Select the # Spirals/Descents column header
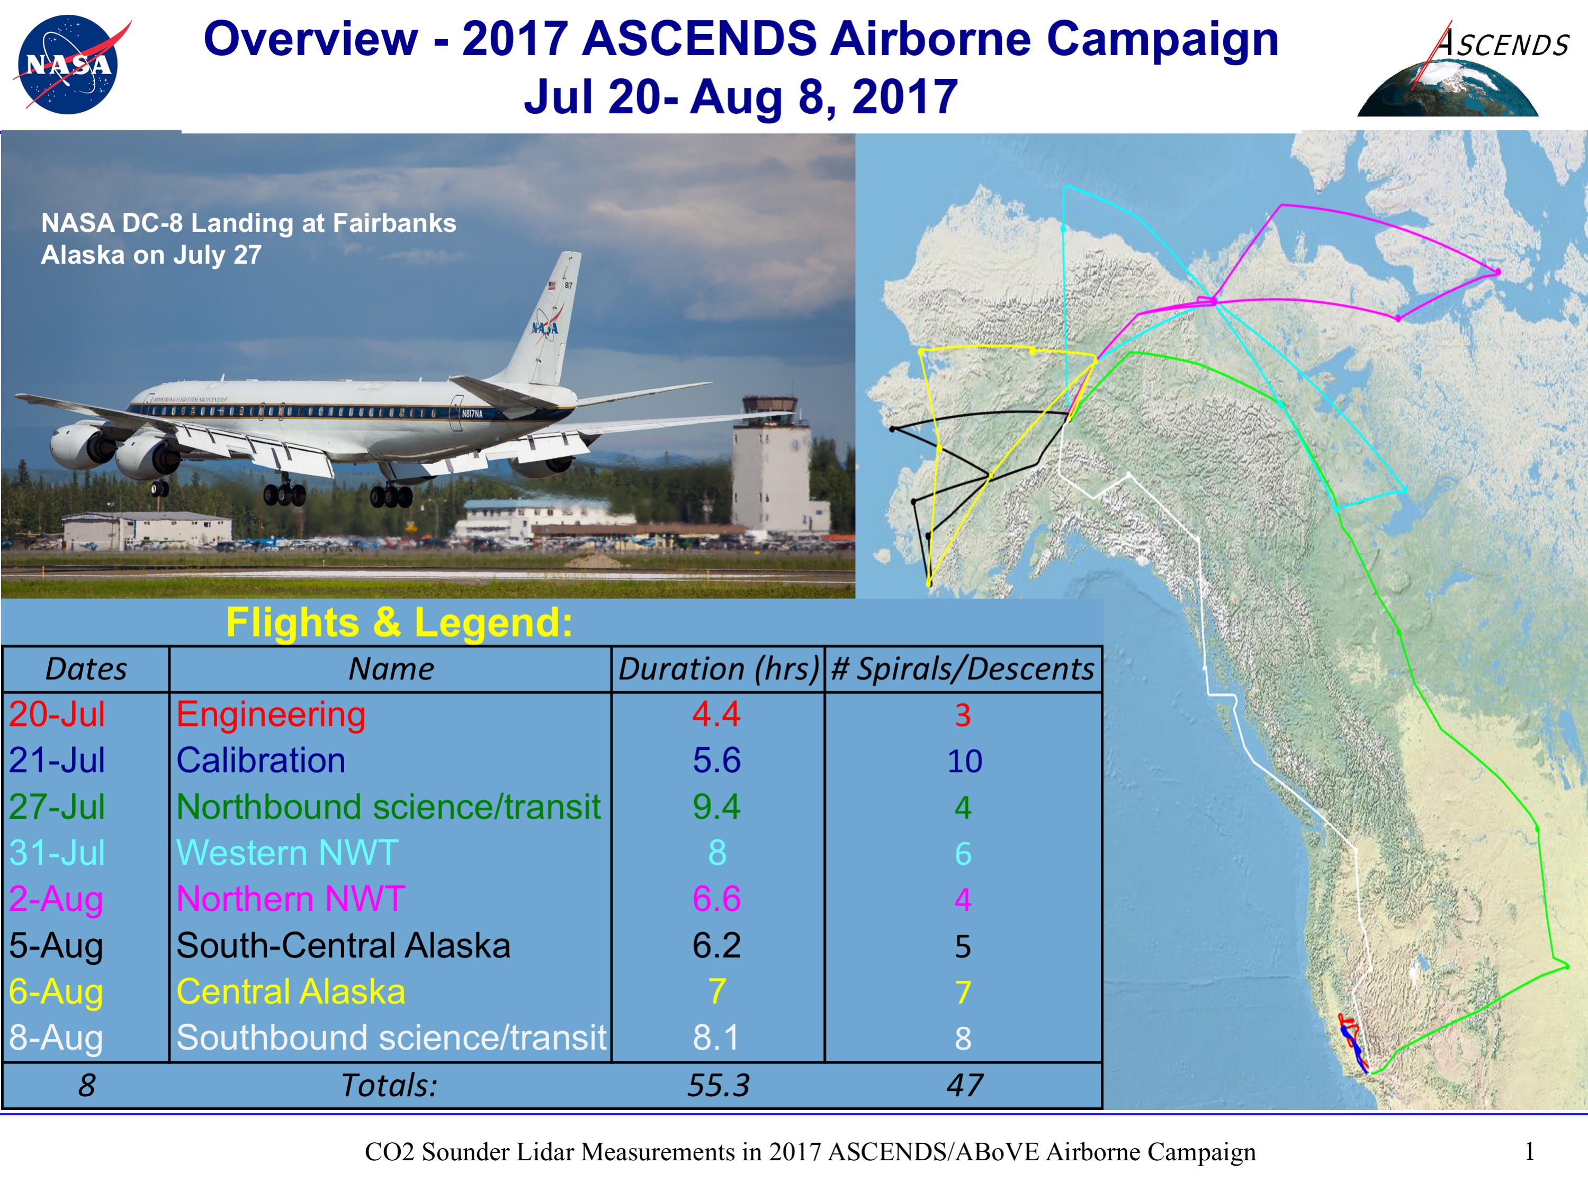[963, 669]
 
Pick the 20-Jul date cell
[57, 714]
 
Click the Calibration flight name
[261, 760]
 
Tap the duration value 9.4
[716, 807]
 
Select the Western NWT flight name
[287, 853]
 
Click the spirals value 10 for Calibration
[964, 761]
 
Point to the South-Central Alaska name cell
[343, 945]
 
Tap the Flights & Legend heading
[399, 622]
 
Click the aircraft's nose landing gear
[159, 487]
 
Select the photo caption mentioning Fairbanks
[248, 238]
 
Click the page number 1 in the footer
[1530, 1151]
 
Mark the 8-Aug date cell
[56, 1038]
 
